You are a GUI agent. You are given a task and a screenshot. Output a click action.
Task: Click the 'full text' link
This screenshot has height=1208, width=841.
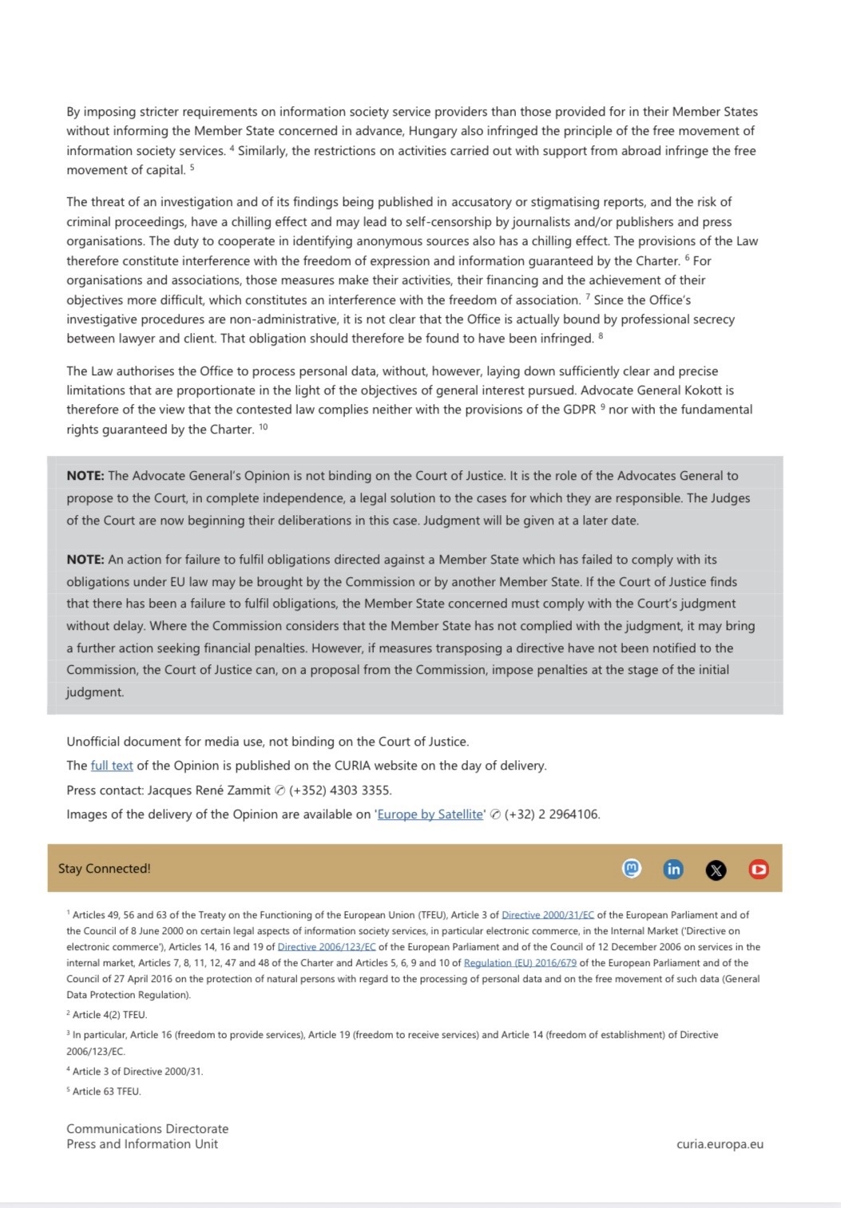pyautogui.click(x=112, y=766)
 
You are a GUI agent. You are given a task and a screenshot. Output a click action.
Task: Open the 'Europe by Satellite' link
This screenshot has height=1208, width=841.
pyautogui.click(x=430, y=814)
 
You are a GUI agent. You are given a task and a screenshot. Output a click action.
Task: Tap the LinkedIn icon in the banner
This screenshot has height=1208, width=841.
pyautogui.click(x=673, y=869)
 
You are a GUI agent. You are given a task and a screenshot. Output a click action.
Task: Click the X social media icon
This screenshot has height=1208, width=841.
pyautogui.click(x=716, y=869)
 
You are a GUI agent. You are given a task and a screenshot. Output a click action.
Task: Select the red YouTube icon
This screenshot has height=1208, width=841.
pyautogui.click(x=759, y=869)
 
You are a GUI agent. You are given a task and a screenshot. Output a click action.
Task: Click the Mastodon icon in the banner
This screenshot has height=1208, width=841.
pyautogui.click(x=632, y=869)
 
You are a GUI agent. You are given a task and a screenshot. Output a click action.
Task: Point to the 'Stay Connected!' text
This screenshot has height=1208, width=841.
pyautogui.click(x=104, y=869)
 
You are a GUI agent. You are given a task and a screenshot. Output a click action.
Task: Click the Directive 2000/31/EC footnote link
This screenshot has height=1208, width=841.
pyautogui.click(x=548, y=915)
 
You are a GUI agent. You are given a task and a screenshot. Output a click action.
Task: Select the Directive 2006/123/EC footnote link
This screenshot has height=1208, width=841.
pyautogui.click(x=327, y=947)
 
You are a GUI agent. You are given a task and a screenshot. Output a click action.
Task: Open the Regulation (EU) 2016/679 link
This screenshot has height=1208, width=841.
pyautogui.click(x=520, y=963)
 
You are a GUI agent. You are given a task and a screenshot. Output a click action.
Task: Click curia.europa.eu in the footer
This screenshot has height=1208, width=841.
pyautogui.click(x=720, y=1144)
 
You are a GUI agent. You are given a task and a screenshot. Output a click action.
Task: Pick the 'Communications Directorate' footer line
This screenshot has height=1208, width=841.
pyautogui.click(x=147, y=1129)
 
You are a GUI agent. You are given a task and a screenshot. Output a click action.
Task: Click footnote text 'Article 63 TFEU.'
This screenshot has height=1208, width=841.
pyautogui.click(x=106, y=1091)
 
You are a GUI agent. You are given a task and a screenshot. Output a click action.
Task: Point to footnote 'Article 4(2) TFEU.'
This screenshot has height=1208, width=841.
pyautogui.click(x=109, y=1015)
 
